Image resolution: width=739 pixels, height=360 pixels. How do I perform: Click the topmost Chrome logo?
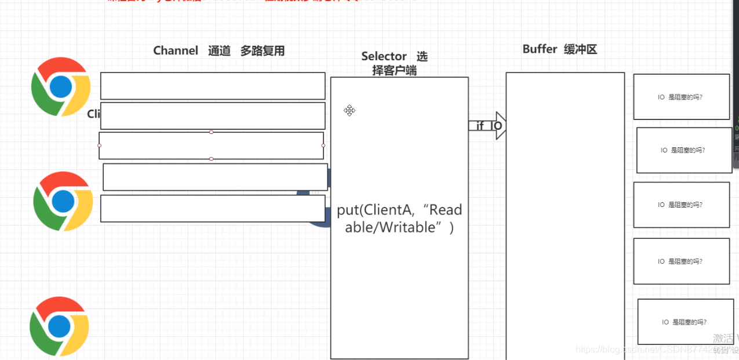pyautogui.click(x=61, y=86)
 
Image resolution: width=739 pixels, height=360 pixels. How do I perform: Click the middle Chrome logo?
pyautogui.click(x=63, y=201)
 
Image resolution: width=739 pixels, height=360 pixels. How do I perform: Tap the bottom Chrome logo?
pyautogui.click(x=59, y=326)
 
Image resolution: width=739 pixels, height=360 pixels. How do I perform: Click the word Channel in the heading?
pyautogui.click(x=176, y=51)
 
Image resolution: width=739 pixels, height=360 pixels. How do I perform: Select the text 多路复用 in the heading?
pyautogui.click(x=263, y=51)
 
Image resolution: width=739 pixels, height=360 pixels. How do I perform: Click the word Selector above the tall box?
pyautogui.click(x=384, y=56)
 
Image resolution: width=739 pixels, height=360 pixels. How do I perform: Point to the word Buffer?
pyautogui.click(x=540, y=49)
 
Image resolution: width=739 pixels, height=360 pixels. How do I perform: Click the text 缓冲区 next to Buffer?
pyautogui.click(x=580, y=49)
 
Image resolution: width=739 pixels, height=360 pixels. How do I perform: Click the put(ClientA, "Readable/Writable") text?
pyautogui.click(x=399, y=219)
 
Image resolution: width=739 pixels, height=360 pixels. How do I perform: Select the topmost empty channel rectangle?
pyautogui.click(x=213, y=86)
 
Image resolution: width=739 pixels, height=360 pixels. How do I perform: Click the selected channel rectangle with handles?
pyautogui.click(x=211, y=146)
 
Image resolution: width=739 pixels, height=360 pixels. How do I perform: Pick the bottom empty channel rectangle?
pyautogui.click(x=213, y=209)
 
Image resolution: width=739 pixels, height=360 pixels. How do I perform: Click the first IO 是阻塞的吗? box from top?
pyautogui.click(x=681, y=97)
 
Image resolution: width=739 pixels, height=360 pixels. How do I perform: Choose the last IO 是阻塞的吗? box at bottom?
pyautogui.click(x=685, y=322)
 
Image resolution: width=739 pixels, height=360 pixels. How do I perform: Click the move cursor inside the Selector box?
pyautogui.click(x=350, y=110)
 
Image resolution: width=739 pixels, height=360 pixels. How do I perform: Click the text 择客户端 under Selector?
pyautogui.click(x=394, y=71)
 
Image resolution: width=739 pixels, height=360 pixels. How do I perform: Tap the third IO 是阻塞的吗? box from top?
pyautogui.click(x=681, y=205)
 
